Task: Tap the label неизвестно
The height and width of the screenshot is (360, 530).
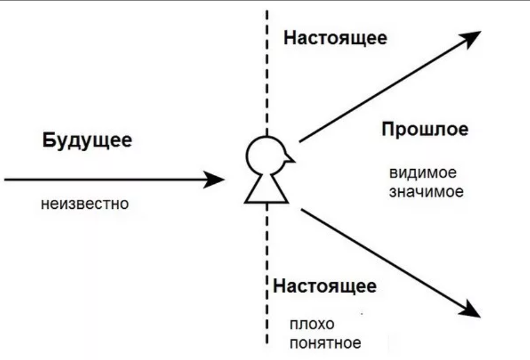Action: coord(85,204)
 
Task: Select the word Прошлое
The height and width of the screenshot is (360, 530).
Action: coord(424,129)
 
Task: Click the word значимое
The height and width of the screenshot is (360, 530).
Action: coord(426,192)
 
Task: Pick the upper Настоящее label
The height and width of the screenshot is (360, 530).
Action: coord(335,38)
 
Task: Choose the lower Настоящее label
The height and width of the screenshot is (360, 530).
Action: coord(324,286)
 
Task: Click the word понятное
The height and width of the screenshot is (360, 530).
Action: coord(325,343)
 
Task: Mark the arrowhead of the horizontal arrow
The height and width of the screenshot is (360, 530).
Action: coord(215,179)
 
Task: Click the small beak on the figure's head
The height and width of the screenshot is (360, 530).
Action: coord(289,158)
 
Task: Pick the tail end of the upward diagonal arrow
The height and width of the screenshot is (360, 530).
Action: coord(301,141)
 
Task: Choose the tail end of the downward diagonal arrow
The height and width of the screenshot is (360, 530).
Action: coord(303,209)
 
